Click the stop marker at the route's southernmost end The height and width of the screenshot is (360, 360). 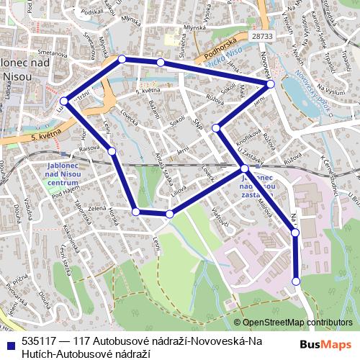(x=296, y=281)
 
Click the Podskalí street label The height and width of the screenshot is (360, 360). (x=94, y=12)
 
